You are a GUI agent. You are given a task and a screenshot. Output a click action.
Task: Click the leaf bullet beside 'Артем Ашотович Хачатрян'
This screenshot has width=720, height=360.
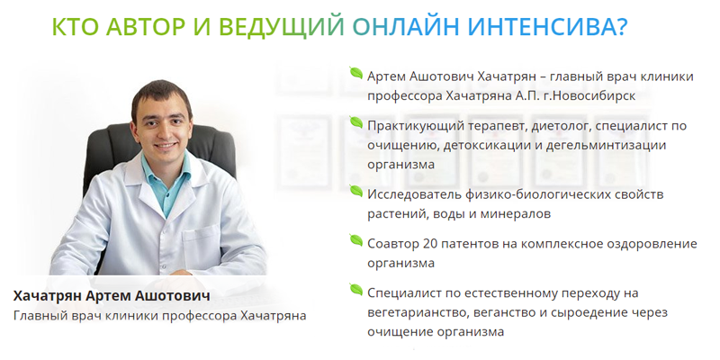356,73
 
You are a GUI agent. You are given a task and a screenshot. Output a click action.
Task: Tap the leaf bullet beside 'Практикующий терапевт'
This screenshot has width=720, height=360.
356,122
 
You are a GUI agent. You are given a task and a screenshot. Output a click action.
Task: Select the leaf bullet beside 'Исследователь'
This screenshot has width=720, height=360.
356,192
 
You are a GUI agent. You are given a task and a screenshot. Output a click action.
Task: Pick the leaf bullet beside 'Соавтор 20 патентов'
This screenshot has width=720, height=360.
356,241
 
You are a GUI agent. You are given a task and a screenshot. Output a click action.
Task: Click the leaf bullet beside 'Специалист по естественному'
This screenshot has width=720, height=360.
356,291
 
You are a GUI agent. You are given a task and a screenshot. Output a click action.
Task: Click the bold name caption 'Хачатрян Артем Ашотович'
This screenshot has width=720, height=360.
112,296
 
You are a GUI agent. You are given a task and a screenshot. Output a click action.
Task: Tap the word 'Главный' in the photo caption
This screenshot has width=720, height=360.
41,316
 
